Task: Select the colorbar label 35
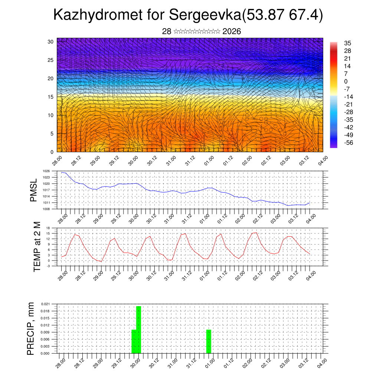[x=347, y=43]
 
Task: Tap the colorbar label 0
[x=346, y=81]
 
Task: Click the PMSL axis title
[x=33, y=190]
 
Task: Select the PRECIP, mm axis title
[x=31, y=328]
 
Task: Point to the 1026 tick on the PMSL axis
[x=46, y=171]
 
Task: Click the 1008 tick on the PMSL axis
[x=46, y=209]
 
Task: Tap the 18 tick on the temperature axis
[x=48, y=227]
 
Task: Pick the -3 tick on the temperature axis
[x=48, y=266]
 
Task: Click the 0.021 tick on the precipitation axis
[x=45, y=304]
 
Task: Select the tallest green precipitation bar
[x=139, y=330]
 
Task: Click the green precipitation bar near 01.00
[x=209, y=341]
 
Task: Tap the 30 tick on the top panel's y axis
[x=51, y=42]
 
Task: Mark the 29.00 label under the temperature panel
[x=98, y=275]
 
